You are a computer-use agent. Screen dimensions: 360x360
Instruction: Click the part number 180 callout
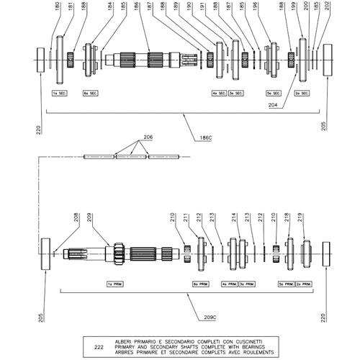[58, 9]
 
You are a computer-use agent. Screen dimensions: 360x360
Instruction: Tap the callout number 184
[110, 9]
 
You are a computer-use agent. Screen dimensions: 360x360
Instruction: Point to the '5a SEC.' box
[273, 94]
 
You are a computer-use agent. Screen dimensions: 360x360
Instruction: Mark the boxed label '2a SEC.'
[302, 94]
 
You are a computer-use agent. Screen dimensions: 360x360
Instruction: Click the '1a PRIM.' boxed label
[115, 284]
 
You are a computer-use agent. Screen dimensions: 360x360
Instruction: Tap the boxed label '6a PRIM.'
[201, 284]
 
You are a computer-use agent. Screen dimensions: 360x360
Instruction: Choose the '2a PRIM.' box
[305, 284]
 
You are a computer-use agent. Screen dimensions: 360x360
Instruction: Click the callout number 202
[328, 9]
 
